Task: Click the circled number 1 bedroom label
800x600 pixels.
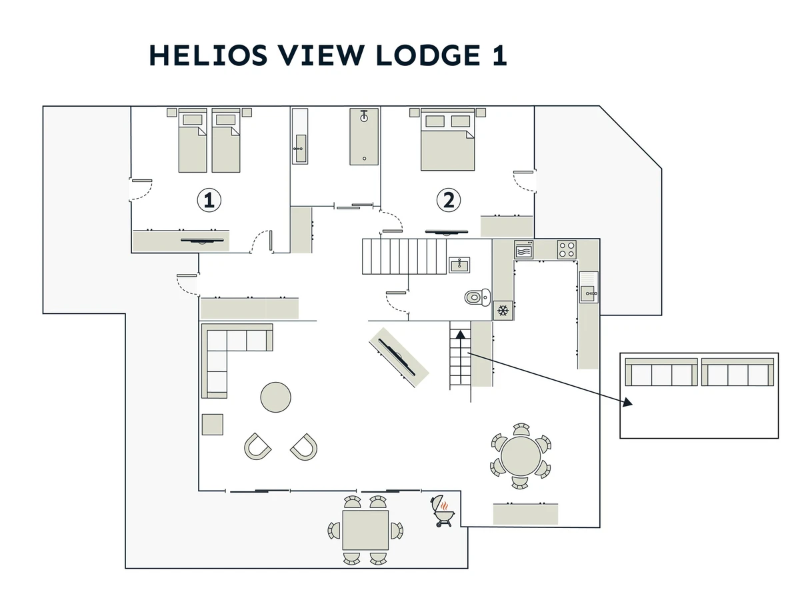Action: [209, 199]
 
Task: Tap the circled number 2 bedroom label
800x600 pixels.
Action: [449, 199]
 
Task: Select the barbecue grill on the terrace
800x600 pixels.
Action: [443, 511]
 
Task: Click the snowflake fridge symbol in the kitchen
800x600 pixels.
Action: [503, 311]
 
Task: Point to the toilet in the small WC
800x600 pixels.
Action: [477, 297]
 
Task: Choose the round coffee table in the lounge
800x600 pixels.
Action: [275, 397]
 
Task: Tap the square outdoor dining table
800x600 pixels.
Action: [365, 530]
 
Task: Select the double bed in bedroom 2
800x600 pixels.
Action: [447, 141]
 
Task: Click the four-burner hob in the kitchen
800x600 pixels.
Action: [567, 249]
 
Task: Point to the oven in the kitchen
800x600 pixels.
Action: [523, 250]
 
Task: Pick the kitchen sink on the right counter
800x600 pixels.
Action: [588, 291]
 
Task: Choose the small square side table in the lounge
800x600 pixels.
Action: [212, 425]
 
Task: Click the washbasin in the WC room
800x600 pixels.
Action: [459, 265]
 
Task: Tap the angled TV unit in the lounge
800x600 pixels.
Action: [398, 356]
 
